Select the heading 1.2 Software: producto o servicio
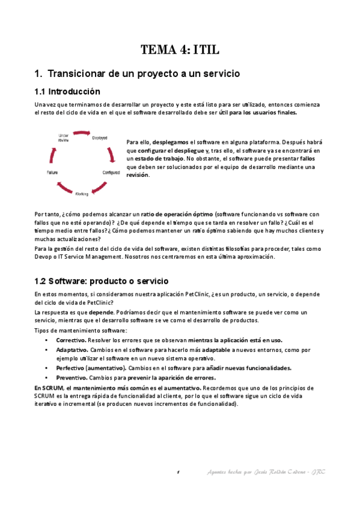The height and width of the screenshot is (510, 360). click(102, 281)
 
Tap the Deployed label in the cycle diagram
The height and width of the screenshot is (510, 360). click(100, 138)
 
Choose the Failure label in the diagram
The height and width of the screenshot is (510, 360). click(52, 173)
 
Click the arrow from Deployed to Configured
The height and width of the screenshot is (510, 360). click(112, 155)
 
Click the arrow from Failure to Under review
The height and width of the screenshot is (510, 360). click(53, 155)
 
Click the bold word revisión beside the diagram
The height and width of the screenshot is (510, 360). click(138, 175)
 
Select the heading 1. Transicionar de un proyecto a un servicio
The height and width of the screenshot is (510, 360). click(138, 73)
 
